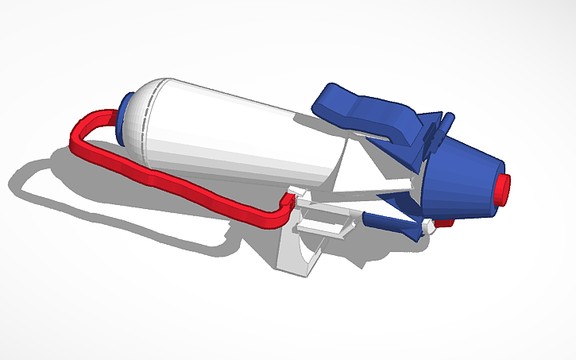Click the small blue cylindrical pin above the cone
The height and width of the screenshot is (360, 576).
tap(448, 123)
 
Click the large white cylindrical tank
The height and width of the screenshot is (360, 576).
tap(238, 131)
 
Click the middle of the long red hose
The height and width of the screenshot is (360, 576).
tap(183, 184)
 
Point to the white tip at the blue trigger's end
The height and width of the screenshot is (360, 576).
tap(430, 228)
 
